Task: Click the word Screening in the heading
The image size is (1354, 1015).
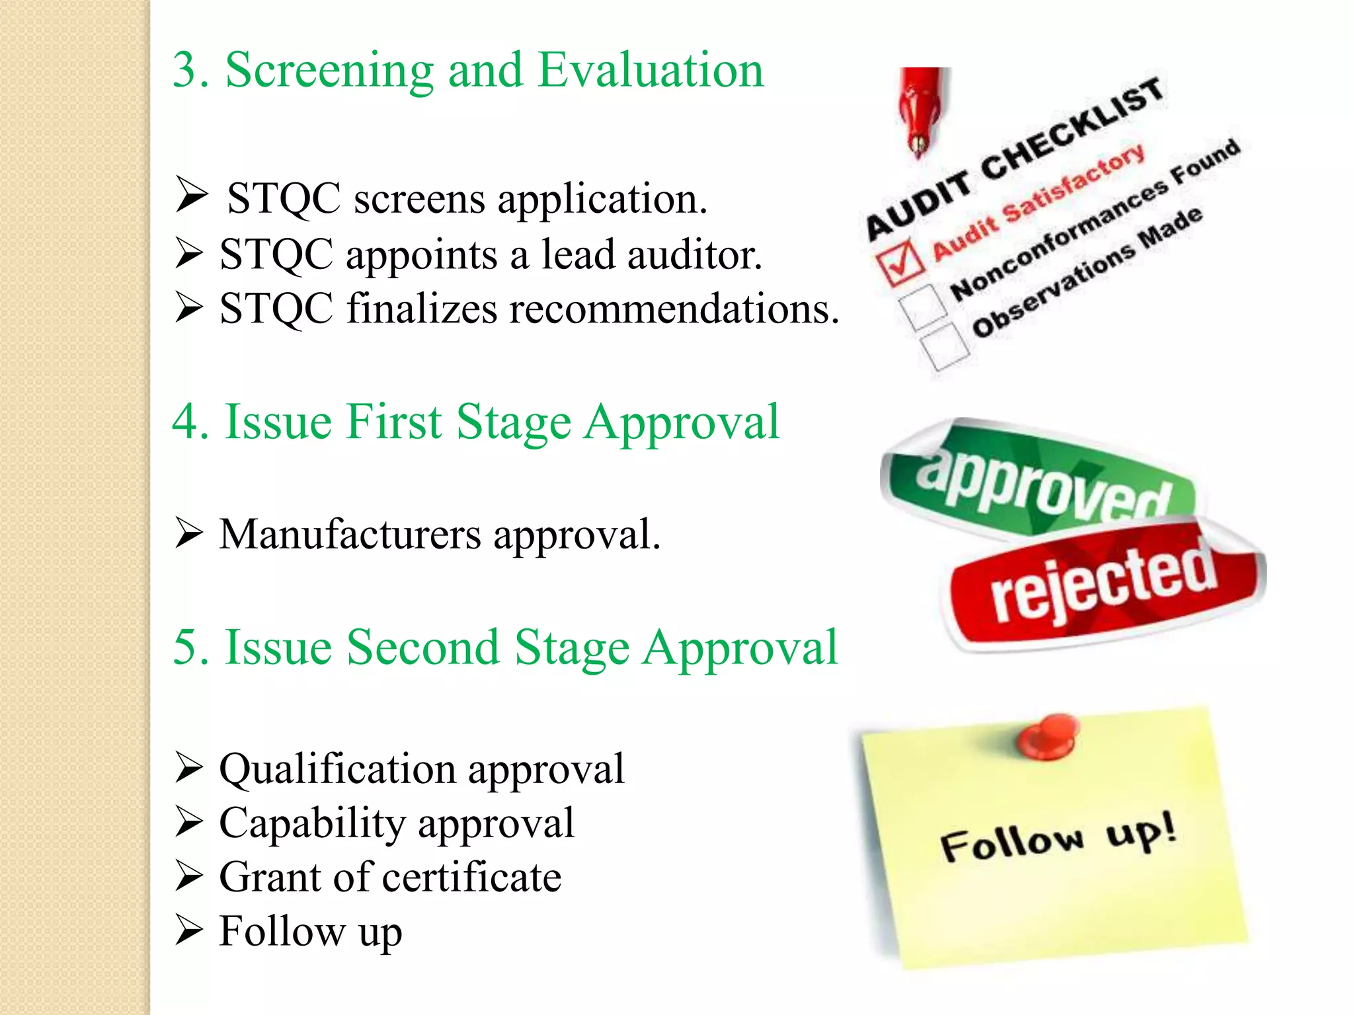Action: [329, 71]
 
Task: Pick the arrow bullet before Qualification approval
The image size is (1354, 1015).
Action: [189, 769]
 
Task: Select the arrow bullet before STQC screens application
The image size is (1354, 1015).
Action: [192, 196]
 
